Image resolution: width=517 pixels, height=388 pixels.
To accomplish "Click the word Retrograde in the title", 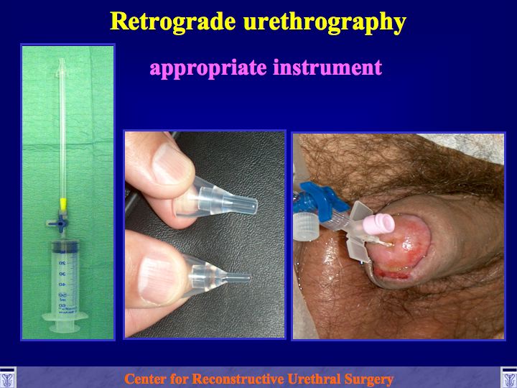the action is point(173,21).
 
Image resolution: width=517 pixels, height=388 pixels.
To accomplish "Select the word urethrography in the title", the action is point(325,23).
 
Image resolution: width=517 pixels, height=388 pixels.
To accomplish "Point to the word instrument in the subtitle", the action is point(327,67).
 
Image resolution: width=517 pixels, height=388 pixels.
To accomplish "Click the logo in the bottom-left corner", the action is point(8,377).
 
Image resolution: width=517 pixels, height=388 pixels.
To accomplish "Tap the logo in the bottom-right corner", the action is point(509,377).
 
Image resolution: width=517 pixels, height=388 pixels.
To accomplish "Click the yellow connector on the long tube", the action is point(63,205).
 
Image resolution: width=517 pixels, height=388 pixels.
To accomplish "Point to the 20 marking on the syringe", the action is point(62,263).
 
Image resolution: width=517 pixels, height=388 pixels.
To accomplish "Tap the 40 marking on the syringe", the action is point(62,284).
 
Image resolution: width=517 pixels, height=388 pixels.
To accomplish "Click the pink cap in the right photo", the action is point(379,224).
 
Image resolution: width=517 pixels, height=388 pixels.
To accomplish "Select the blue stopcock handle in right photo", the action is point(325,198).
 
